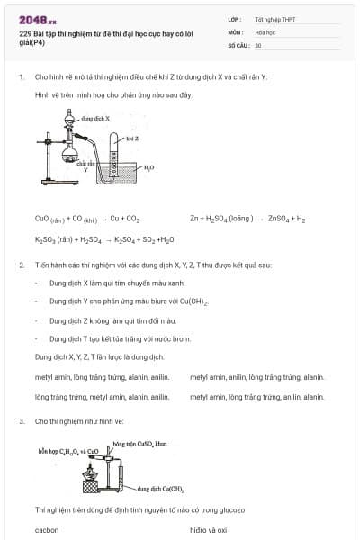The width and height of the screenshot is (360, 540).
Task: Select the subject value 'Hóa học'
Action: (265, 31)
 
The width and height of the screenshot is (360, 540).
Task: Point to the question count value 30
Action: (258, 44)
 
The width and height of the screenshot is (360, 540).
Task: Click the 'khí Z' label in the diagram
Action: (131, 138)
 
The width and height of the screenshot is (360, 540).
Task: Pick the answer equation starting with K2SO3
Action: (92, 240)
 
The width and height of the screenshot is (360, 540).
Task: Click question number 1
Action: (21, 77)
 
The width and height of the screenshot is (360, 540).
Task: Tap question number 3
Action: (21, 420)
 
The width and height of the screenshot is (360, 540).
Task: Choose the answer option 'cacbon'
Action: (47, 530)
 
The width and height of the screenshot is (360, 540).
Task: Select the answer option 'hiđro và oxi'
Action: (209, 530)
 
